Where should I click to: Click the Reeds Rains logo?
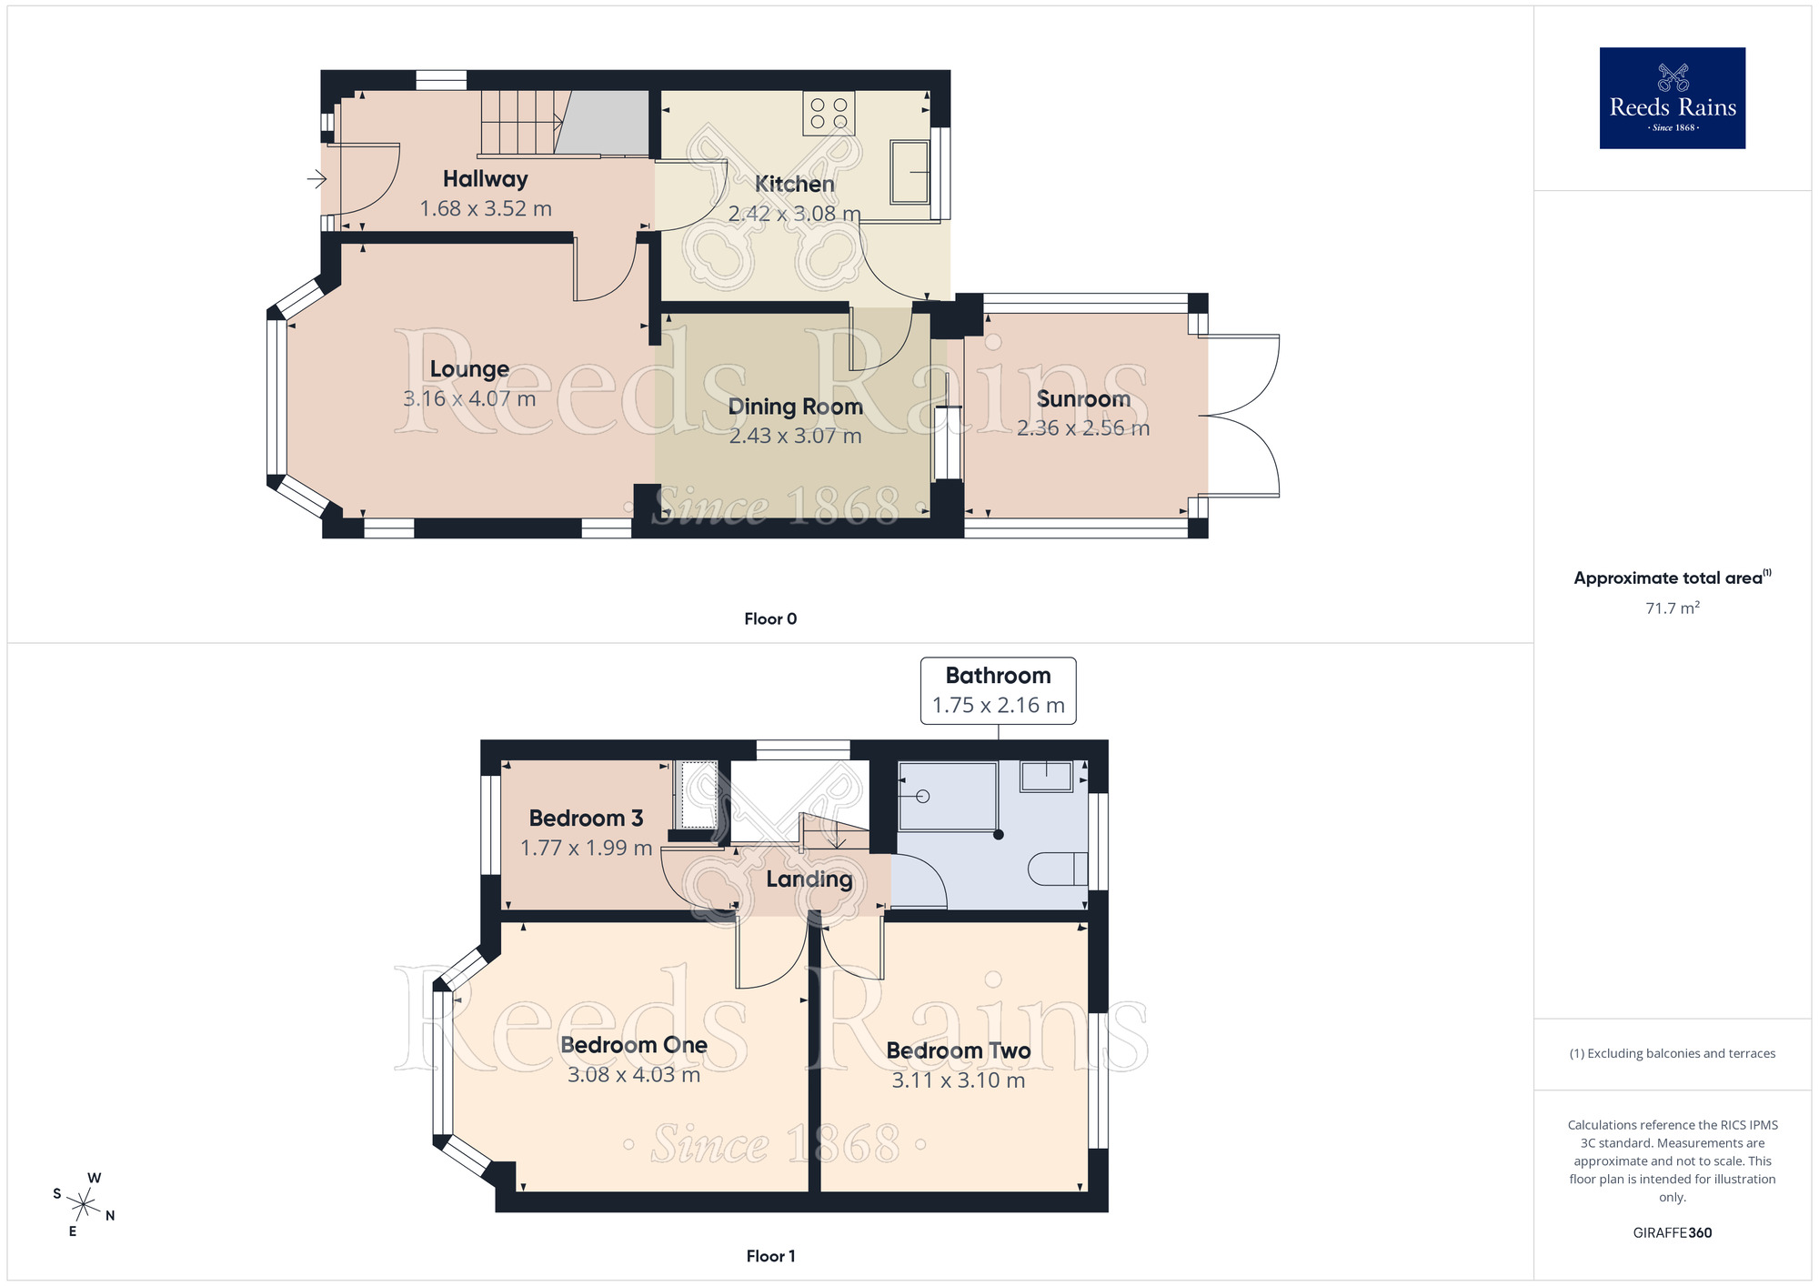tap(1672, 98)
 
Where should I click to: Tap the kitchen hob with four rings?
tap(829, 113)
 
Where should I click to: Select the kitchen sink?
tap(909, 171)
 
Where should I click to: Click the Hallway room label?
tap(486, 179)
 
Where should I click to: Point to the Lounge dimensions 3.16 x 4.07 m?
tap(469, 398)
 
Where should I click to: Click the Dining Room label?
tap(795, 407)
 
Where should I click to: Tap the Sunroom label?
tap(1083, 399)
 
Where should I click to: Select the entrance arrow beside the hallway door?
tap(317, 179)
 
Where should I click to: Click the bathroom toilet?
tap(1058, 869)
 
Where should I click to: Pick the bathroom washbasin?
tap(1047, 776)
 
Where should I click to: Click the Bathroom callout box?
tap(998, 690)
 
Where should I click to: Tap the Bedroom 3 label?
tap(586, 819)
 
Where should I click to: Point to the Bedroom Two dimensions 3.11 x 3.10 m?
tap(959, 1080)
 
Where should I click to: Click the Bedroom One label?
tap(634, 1045)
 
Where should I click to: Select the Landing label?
tap(809, 879)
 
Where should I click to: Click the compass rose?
tap(84, 1205)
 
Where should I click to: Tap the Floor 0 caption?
tap(770, 618)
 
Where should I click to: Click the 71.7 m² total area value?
tap(1672, 608)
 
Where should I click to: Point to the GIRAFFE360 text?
tap(1672, 1233)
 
